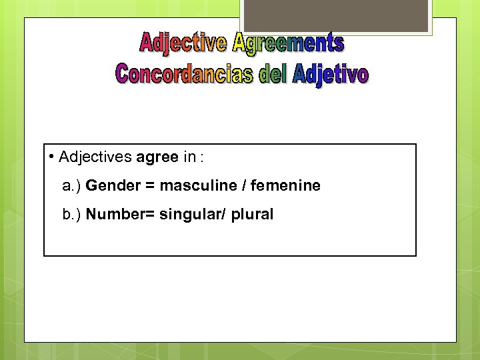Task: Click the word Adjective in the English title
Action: tap(182, 43)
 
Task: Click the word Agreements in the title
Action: tap(288, 43)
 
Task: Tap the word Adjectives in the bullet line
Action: tap(95, 157)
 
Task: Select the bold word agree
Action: tap(157, 158)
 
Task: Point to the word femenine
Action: tap(285, 185)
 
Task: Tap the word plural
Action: tap(253, 215)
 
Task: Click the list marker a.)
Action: tap(71, 186)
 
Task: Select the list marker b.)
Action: tap(71, 215)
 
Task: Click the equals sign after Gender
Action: tap(150, 186)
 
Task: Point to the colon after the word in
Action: tap(201, 158)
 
